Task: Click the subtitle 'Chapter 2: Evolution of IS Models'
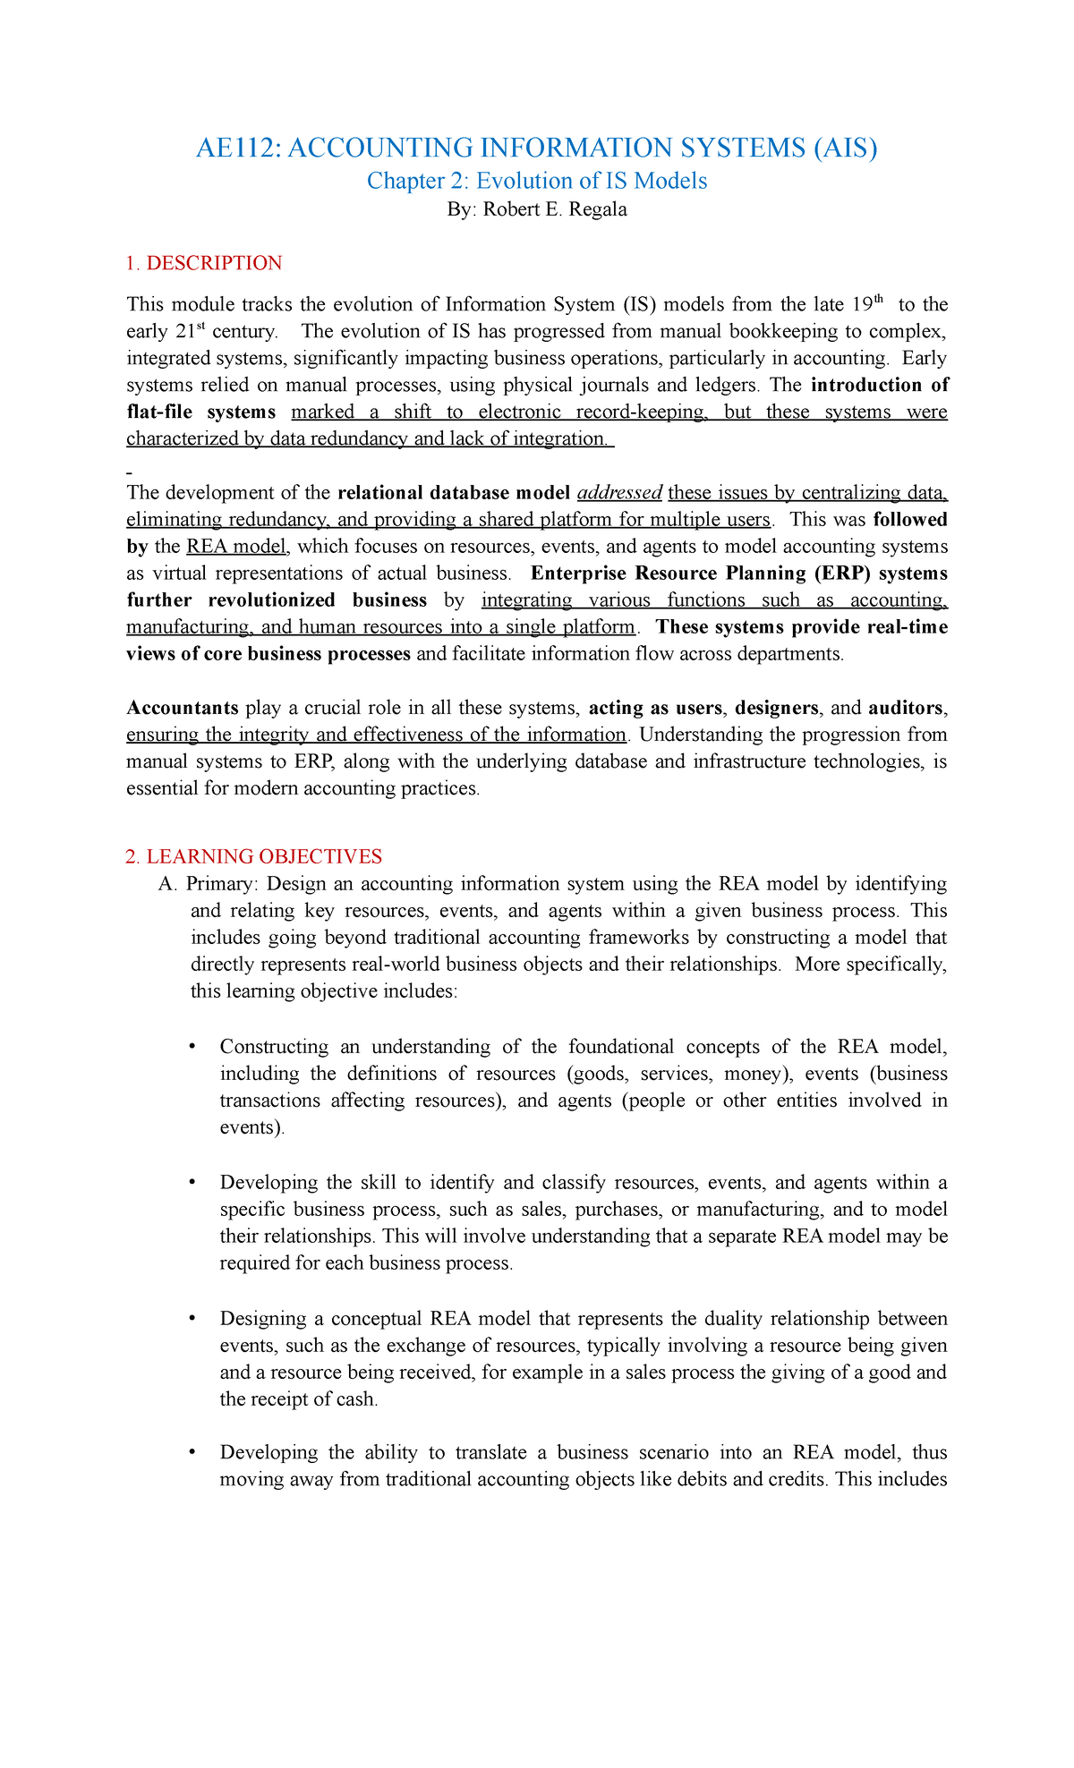pyautogui.click(x=537, y=181)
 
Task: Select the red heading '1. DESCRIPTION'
pyautogui.click(x=204, y=263)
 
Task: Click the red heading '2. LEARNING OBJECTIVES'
pyautogui.click(x=254, y=856)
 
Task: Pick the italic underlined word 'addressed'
pyautogui.click(x=619, y=493)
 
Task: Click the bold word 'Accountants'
pyautogui.click(x=183, y=708)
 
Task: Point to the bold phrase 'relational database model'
pyautogui.click(x=454, y=493)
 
